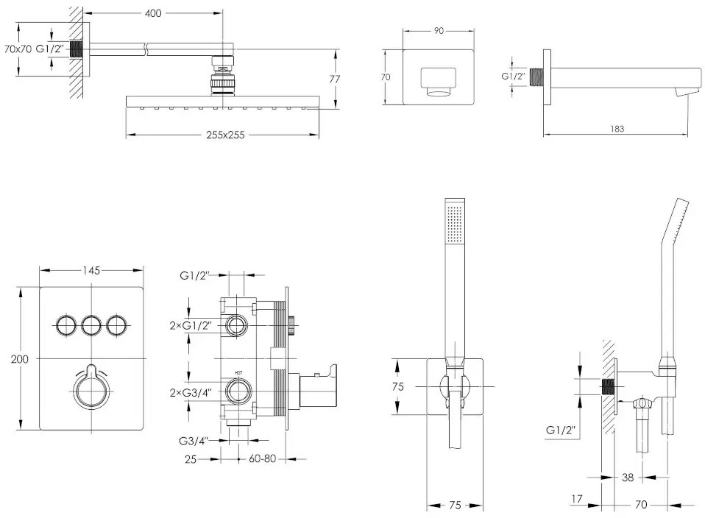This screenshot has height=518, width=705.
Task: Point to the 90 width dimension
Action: click(x=439, y=31)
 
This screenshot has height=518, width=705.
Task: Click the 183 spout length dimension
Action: click(x=617, y=129)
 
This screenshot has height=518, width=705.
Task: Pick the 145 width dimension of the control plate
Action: click(x=91, y=271)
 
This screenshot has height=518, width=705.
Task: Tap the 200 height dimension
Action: click(x=20, y=358)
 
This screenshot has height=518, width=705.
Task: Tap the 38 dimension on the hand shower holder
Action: click(x=627, y=477)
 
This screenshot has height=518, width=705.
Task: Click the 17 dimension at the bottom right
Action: click(x=577, y=500)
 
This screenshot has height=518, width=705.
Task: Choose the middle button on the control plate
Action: click(x=91, y=324)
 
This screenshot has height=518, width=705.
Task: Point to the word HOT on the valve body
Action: click(x=238, y=374)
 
